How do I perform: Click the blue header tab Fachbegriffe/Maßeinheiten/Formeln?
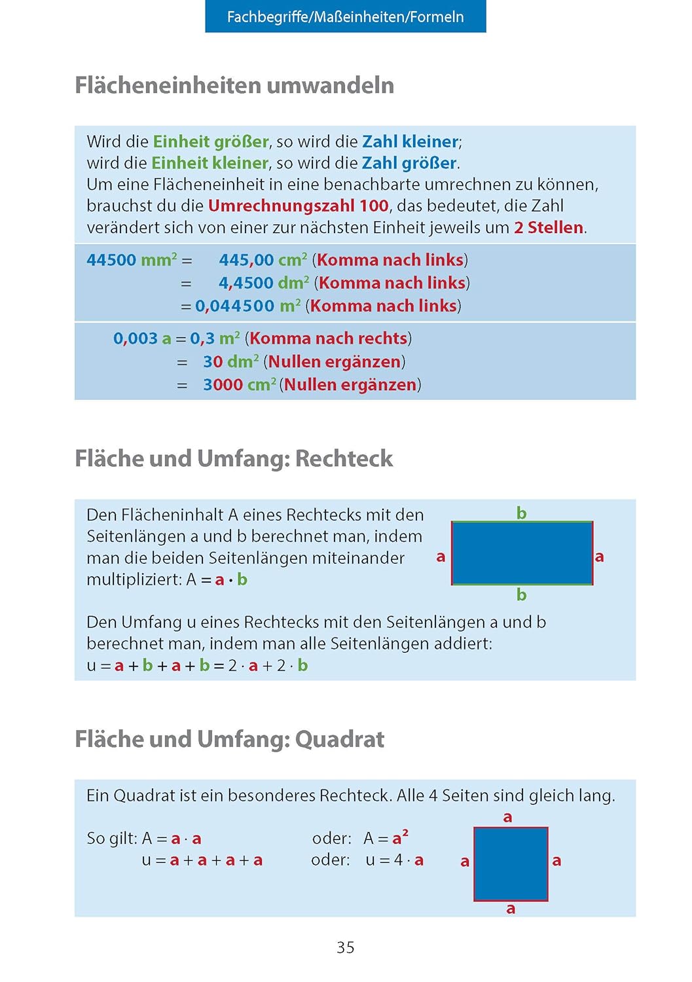[345, 16]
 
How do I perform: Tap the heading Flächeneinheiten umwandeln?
[234, 85]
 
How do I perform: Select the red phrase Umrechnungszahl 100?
[299, 206]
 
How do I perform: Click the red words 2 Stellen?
[549, 227]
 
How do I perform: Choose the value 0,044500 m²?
[248, 306]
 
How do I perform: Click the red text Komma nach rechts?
[328, 338]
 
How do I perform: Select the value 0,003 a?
[142, 338]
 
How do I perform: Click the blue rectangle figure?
[522, 553]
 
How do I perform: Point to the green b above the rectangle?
[521, 513]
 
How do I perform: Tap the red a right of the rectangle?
[599, 556]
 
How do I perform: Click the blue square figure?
[511, 864]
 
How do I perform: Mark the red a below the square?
[511, 909]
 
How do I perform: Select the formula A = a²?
[386, 838]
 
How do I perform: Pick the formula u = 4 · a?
[395, 860]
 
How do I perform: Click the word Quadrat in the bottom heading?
[340, 739]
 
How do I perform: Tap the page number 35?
[345, 947]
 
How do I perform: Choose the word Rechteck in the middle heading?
[344, 458]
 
